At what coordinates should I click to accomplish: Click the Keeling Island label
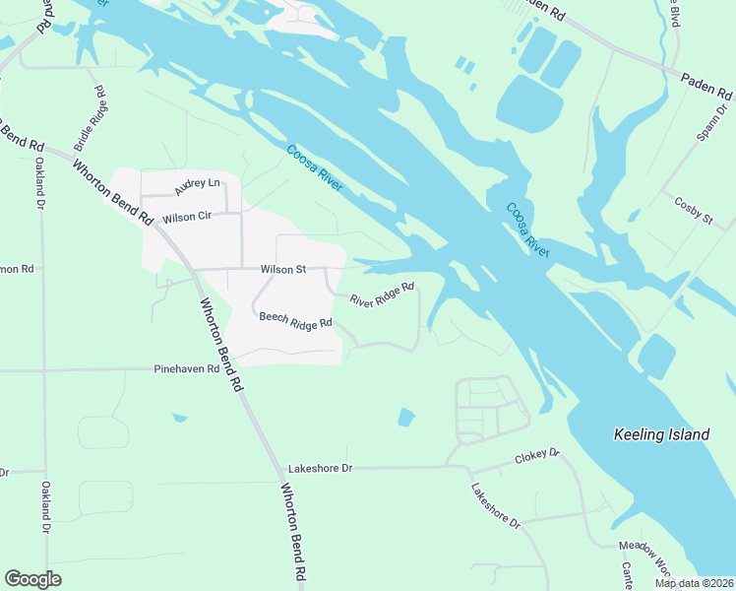pos(660,434)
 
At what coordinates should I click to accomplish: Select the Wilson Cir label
pos(187,217)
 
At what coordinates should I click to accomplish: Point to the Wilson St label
pos(283,269)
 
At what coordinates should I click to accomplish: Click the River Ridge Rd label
pos(382,295)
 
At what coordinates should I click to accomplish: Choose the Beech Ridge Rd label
pos(296,320)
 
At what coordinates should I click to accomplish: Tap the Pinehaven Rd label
pos(191,369)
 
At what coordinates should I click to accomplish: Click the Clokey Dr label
pos(537,456)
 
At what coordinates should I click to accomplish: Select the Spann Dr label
pos(704,115)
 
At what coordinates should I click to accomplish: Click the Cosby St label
pos(693,210)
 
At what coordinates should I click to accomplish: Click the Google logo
pos(32,579)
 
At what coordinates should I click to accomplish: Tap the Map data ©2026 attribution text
pos(694,583)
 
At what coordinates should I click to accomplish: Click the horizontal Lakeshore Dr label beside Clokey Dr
pos(320,469)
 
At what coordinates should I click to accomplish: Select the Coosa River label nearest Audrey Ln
pos(314,167)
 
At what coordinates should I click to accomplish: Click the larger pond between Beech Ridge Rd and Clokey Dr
pos(406,418)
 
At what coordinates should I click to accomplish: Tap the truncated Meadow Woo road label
pos(644,553)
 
